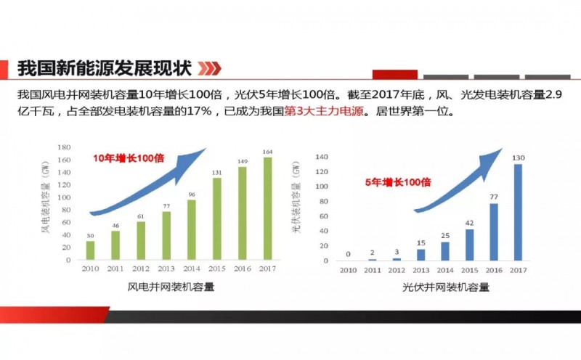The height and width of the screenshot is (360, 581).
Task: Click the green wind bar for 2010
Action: pyautogui.click(x=91, y=250)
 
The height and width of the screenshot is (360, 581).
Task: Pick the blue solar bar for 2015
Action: pyautogui.click(x=469, y=245)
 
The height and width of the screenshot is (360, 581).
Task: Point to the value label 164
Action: pyautogui.click(x=267, y=152)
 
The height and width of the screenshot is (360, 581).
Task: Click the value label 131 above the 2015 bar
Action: pyautogui.click(x=216, y=172)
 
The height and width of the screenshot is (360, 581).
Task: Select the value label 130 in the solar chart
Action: pyautogui.click(x=518, y=158)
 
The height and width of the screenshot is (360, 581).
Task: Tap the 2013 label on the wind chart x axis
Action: pyautogui.click(x=165, y=269)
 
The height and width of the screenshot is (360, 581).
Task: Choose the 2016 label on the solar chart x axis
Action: pyautogui.click(x=494, y=270)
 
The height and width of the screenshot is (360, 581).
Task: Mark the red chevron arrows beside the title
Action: pyautogui.click(x=209, y=69)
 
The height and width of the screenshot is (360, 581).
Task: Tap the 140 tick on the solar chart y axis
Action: pyautogui.click(x=323, y=157)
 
